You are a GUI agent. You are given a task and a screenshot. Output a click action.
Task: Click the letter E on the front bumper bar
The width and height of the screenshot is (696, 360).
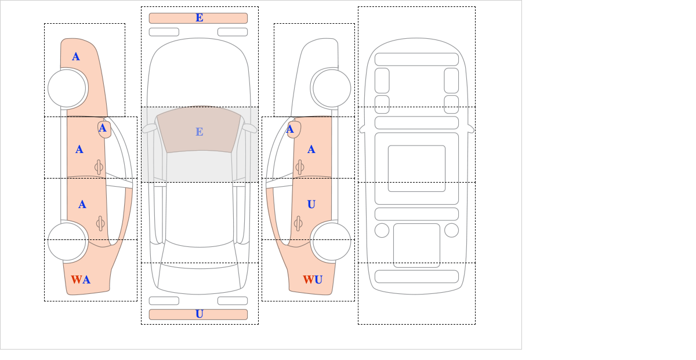click(x=200, y=18)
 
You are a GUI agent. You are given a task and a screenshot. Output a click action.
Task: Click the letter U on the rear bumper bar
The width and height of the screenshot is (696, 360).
click(x=200, y=314)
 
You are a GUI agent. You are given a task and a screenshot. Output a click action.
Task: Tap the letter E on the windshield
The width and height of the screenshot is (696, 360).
click(x=200, y=132)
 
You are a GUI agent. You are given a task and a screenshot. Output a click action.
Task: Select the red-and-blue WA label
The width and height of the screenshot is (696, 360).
click(x=81, y=279)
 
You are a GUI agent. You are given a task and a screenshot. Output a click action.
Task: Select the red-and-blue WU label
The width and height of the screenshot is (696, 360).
click(x=313, y=279)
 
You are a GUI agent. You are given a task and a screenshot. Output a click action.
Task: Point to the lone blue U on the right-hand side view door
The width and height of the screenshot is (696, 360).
click(x=311, y=205)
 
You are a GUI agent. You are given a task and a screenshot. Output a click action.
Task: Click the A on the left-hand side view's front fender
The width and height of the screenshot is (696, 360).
click(x=76, y=57)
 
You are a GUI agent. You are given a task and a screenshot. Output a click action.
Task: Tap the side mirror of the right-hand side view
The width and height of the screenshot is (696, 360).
click(x=294, y=129)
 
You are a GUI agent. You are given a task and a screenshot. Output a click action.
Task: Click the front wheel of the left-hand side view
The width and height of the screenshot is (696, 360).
click(x=67, y=88)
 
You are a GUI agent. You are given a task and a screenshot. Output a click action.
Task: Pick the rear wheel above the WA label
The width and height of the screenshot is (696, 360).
click(x=67, y=241)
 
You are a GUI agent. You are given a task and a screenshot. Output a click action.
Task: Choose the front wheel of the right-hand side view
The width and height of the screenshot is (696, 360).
click(x=332, y=88)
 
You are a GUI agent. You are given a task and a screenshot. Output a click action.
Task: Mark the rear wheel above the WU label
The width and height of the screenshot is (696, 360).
click(x=332, y=241)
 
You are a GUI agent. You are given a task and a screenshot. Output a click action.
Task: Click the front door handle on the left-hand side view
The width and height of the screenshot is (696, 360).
click(x=99, y=167)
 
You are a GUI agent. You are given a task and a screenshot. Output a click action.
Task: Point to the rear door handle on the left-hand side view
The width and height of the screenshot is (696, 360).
click(x=100, y=223)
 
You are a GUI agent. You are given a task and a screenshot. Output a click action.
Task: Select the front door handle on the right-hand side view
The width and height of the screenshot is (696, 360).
click(x=300, y=167)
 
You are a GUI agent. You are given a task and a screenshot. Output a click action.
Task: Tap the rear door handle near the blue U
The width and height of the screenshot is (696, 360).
click(x=298, y=223)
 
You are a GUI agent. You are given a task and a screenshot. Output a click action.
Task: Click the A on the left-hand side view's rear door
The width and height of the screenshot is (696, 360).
click(x=82, y=205)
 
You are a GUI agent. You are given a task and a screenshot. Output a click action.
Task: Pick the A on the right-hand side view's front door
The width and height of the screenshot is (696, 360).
click(x=311, y=150)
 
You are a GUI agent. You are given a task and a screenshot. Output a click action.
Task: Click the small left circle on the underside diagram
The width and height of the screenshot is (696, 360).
click(x=382, y=231)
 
